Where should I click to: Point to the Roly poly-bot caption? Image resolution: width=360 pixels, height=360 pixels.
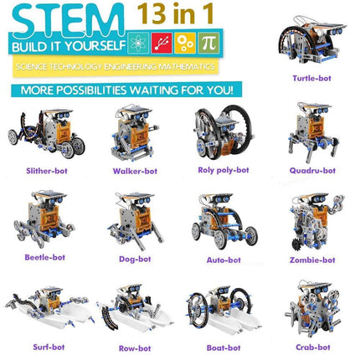coord(221,170)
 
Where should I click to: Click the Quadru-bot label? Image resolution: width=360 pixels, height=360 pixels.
coord(315,170)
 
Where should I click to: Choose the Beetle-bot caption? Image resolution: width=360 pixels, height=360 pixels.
coord(45,258)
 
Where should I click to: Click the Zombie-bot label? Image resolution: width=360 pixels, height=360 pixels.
coord(314,260)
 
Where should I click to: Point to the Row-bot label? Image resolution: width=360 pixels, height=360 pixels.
coord(133,346)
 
